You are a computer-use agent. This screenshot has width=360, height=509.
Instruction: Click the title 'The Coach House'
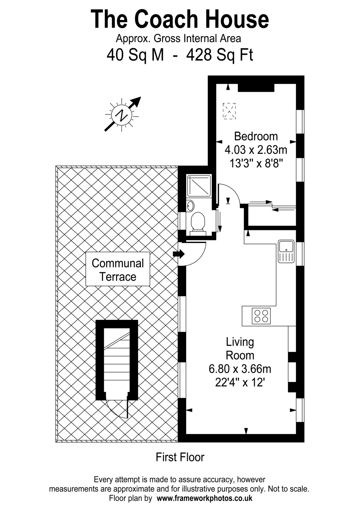tap(180, 19)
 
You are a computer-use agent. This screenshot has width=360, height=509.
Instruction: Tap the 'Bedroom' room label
tap(256, 136)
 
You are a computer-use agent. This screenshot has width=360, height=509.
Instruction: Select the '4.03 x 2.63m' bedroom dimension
tap(256, 150)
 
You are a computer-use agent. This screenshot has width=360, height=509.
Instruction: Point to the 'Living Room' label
tap(240, 348)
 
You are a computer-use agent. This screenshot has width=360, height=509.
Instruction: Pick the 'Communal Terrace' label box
tap(118, 269)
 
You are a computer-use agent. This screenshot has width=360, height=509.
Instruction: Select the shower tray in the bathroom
tap(199, 185)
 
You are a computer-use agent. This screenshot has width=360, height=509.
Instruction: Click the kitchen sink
tap(286, 251)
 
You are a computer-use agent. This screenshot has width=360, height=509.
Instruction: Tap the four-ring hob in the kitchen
tap(261, 316)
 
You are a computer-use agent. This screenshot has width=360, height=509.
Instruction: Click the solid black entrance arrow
tap(179, 254)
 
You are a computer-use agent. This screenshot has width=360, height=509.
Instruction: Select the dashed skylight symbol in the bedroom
tap(229, 111)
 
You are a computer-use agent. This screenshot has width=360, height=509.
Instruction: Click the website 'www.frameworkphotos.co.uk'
tap(204, 498)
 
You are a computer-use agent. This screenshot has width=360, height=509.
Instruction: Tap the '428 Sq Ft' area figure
tap(219, 55)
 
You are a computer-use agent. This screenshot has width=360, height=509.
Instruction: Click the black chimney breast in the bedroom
tap(256, 88)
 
